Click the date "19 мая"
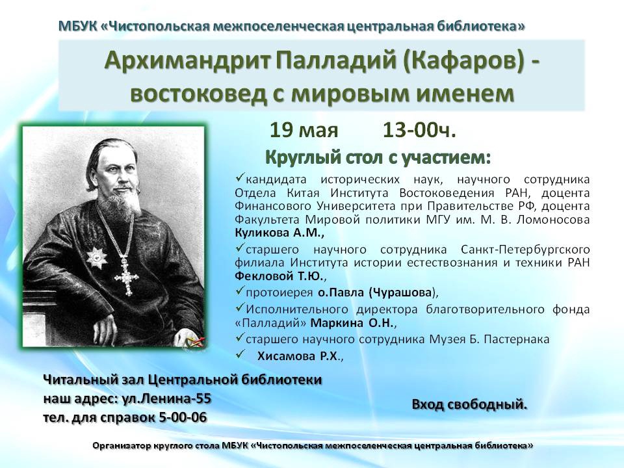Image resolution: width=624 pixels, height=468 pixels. click(x=304, y=130)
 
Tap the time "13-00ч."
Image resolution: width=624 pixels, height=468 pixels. click(x=419, y=130)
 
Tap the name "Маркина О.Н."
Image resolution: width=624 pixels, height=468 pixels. click(x=352, y=323)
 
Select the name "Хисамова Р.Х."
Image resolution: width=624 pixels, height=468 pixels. click(x=298, y=356)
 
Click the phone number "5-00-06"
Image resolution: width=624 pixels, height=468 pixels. click(x=183, y=417)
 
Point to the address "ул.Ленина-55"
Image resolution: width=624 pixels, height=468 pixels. click(x=165, y=398)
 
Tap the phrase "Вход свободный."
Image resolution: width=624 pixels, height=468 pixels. click(x=469, y=404)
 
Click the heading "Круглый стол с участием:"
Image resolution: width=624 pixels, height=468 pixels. click(x=378, y=157)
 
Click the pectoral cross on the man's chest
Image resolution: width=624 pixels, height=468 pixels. click(x=127, y=276)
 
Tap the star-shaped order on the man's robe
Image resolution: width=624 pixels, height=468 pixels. click(x=96, y=257)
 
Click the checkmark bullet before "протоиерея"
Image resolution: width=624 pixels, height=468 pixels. click(x=239, y=292)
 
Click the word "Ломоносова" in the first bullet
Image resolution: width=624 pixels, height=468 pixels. click(x=553, y=220)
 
